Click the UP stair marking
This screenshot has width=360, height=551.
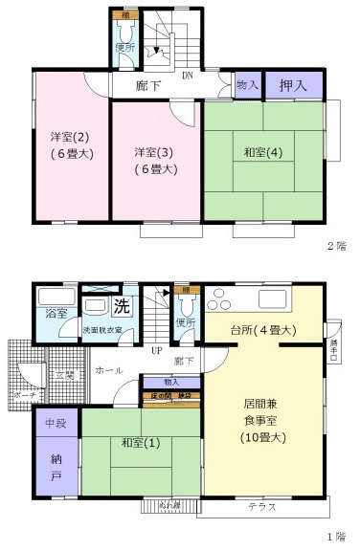155,349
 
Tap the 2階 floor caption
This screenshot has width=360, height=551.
335,246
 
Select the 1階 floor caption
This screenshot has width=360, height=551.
335,538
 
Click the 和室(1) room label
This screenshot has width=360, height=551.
140,443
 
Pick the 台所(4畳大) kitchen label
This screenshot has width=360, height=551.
261,330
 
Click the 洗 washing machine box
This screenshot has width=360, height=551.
122,307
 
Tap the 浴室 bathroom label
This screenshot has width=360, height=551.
55,313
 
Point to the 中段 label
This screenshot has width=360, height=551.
54,420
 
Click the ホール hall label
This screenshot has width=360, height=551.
107,367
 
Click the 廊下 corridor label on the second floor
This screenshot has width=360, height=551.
148,85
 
